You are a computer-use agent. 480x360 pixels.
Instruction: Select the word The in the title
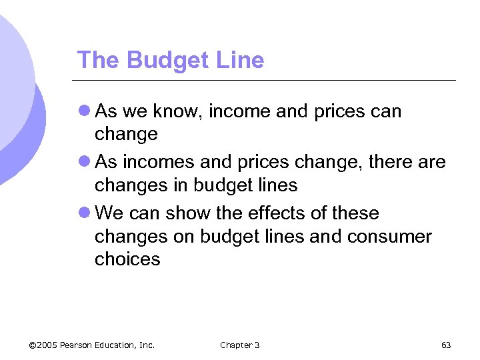point(98,61)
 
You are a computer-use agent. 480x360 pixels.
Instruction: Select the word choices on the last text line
point(127,259)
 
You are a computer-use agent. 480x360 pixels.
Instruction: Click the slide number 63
point(446,345)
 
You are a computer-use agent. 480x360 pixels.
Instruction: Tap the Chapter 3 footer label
point(239,345)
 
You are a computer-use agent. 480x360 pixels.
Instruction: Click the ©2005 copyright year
point(43,345)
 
